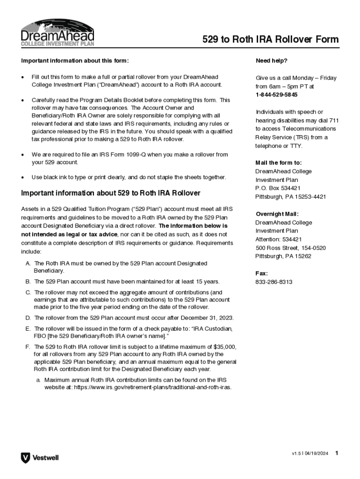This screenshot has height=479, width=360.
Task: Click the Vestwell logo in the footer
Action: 40,457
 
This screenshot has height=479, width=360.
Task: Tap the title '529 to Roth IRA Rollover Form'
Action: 270,39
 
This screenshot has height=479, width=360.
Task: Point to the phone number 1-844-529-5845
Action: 276,94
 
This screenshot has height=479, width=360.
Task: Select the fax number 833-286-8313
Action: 274,282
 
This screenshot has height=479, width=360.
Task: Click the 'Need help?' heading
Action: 271,61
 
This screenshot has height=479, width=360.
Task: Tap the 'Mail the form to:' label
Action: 278,163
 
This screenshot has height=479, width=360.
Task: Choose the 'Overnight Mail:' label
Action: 277,214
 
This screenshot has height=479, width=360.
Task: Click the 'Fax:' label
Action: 262,273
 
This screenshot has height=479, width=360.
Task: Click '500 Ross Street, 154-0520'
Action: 290,248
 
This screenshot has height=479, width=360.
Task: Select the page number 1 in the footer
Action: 337,453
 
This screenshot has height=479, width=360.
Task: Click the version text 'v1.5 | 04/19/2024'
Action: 310,454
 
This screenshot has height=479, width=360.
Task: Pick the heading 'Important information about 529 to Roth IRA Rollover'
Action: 111,193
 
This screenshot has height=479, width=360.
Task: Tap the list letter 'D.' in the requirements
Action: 29,318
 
